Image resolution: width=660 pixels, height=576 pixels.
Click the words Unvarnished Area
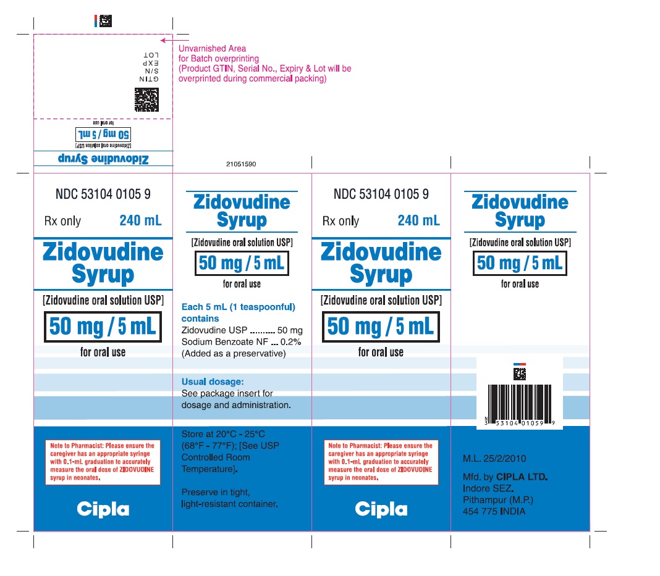click(212, 49)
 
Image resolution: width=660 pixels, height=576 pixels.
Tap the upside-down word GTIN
click(150, 79)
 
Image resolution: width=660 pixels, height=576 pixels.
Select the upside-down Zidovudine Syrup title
click(103, 159)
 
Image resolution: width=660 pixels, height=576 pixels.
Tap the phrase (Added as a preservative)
click(234, 354)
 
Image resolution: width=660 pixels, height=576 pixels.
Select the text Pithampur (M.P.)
click(498, 500)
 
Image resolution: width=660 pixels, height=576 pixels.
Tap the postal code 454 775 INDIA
click(494, 512)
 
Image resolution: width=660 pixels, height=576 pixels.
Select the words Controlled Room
click(216, 457)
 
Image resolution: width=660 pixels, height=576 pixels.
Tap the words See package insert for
click(227, 393)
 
